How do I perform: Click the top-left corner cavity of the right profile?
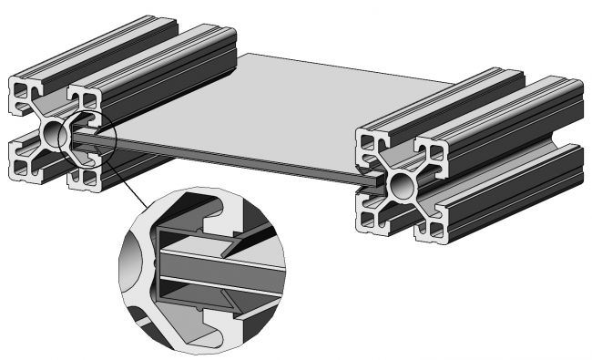tap(368, 141)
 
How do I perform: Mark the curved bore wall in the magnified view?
tap(137, 264)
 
